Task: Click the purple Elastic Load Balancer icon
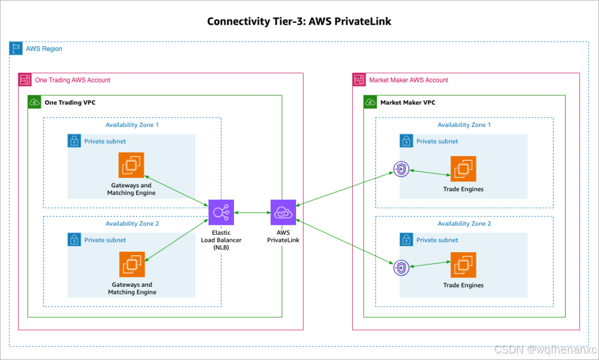coord(221,212)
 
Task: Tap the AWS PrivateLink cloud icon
coord(283,212)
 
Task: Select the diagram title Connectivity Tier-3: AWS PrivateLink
coord(299,22)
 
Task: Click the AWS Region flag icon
coord(16,49)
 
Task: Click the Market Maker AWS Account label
coord(408,80)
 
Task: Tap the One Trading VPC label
coord(70,102)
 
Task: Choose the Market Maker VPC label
coord(408,102)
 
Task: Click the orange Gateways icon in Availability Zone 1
coord(131,165)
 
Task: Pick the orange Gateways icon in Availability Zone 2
coord(131,264)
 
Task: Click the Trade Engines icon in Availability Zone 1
coord(463,169)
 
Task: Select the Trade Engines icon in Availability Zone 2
coord(463,265)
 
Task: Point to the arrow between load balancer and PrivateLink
coord(252,212)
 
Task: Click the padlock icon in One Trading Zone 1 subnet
coord(74,141)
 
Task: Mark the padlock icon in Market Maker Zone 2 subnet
coord(407,239)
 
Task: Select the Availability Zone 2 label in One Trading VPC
coord(132,224)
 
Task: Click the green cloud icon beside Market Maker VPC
coord(370,102)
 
